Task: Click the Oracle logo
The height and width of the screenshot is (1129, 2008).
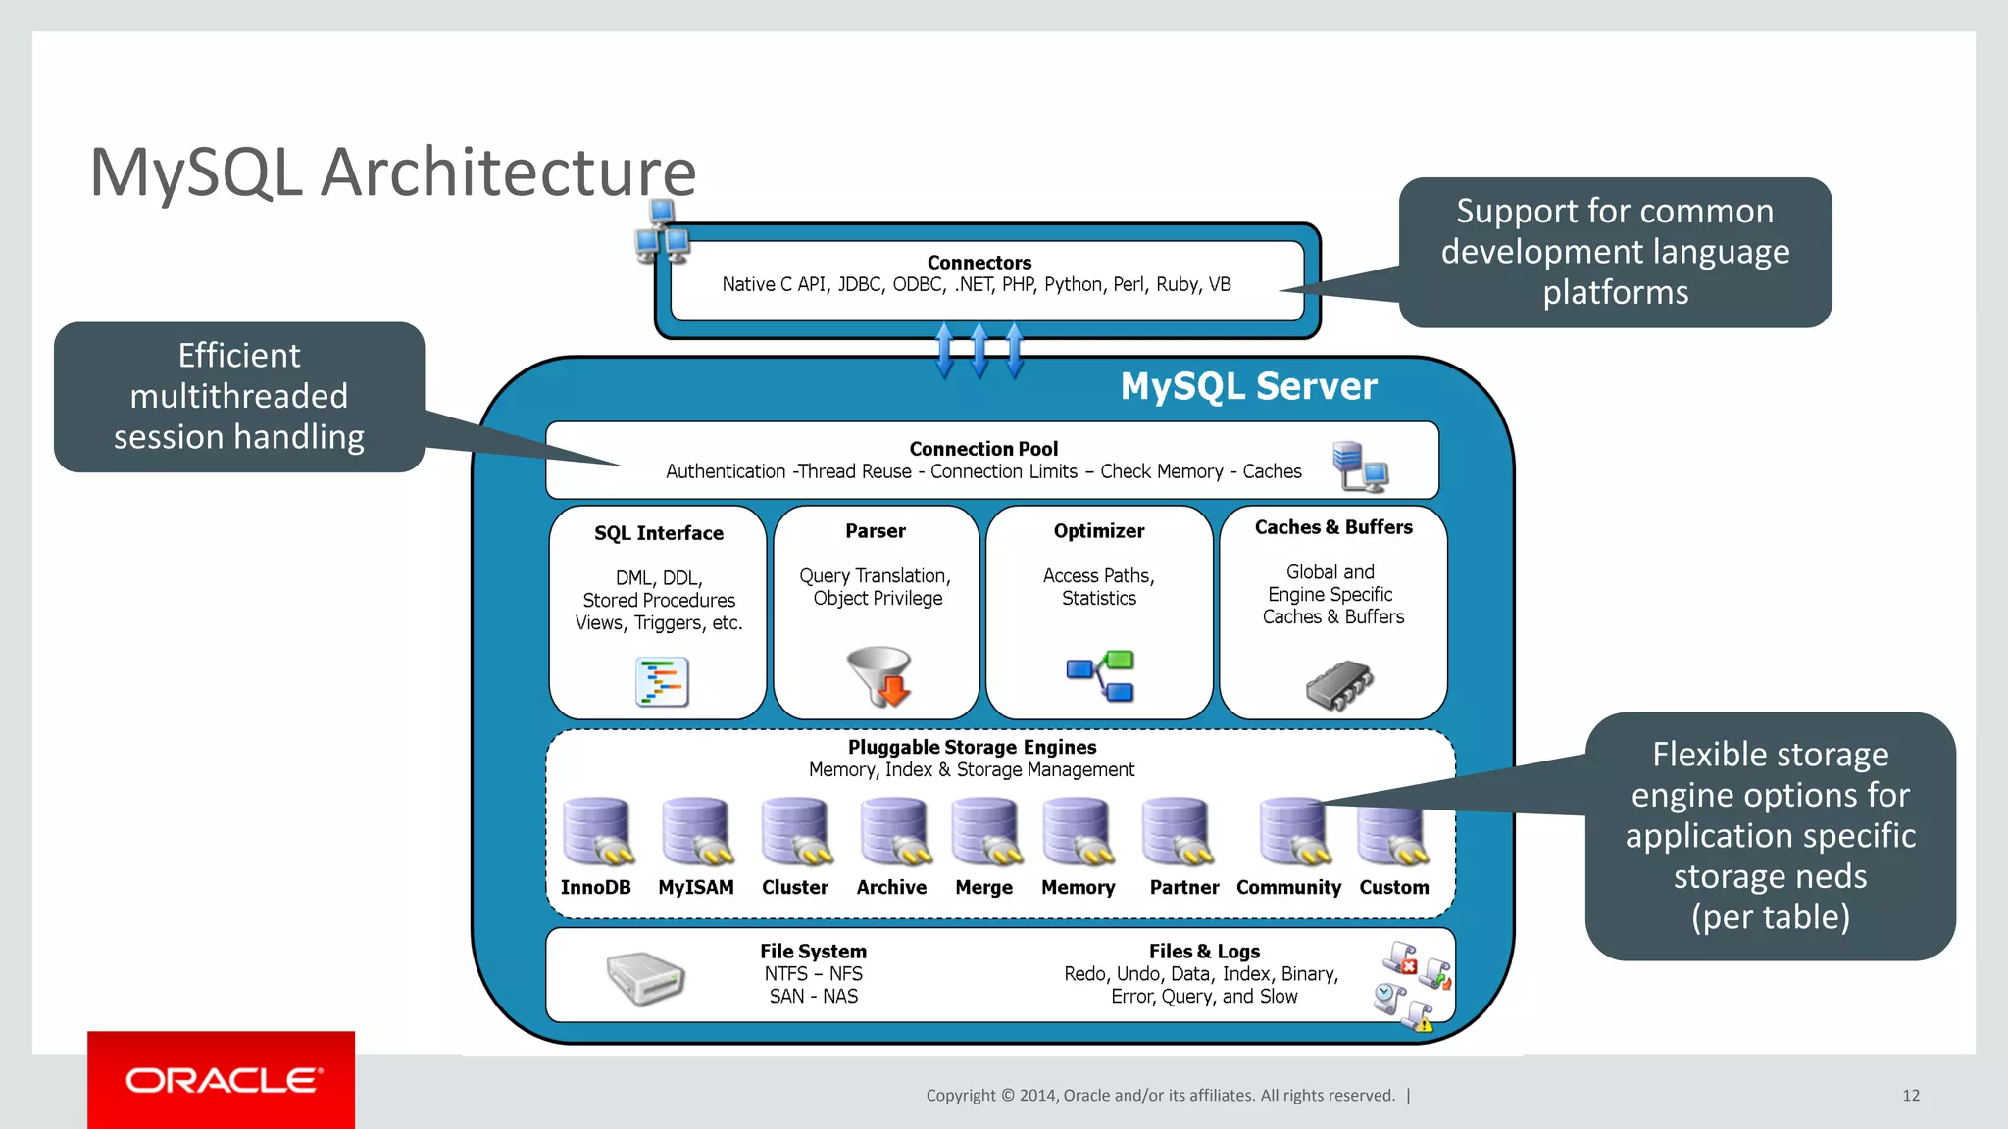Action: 222,1080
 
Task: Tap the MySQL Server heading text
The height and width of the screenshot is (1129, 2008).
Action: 1248,386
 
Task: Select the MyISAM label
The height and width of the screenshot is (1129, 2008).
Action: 695,887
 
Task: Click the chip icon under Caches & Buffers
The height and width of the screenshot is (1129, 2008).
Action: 1338,684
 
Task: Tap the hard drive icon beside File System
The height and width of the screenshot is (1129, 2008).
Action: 644,978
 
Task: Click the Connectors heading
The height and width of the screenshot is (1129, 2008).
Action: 979,263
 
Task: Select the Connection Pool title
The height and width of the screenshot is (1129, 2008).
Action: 983,449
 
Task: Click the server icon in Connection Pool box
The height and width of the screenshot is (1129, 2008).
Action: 1360,466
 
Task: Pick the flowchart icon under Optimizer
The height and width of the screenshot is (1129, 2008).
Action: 1101,675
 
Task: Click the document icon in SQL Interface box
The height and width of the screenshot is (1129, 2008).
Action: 662,682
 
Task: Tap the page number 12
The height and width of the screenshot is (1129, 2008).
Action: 1910,1096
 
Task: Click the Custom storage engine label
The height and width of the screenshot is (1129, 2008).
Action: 1393,887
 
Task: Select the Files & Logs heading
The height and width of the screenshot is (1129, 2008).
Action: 1204,951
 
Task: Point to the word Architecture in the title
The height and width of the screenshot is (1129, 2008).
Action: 508,172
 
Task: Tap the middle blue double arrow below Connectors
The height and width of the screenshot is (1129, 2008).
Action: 979,351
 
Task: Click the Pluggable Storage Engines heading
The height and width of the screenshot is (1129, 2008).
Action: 972,747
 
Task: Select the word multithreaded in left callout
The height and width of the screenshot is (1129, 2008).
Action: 238,396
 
